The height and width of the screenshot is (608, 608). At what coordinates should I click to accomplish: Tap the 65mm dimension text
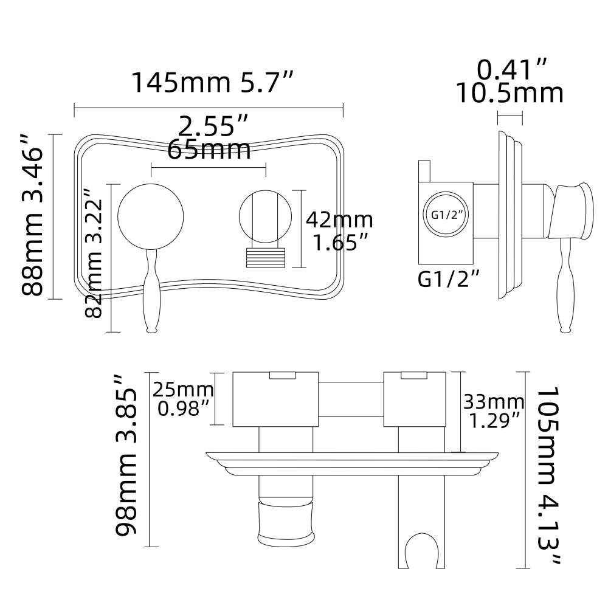coord(209,149)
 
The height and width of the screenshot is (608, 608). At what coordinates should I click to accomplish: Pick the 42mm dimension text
coord(339,219)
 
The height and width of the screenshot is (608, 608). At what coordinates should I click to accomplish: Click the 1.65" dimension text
coord(339,243)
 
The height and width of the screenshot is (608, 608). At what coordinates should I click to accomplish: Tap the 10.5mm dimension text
coord(510,94)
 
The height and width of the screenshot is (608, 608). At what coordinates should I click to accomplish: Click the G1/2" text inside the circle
coord(447,215)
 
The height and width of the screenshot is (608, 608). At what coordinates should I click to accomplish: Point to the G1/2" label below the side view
coord(449,279)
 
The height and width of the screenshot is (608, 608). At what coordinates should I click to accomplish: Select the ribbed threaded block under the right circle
coord(264,257)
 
